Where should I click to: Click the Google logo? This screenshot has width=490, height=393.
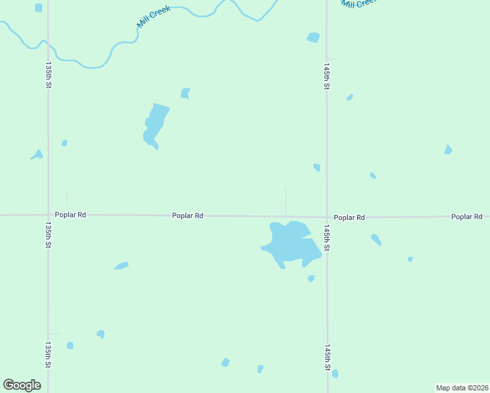click(22, 385)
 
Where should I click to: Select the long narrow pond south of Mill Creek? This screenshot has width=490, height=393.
click(155, 124)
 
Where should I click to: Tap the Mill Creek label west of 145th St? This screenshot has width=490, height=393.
click(153, 17)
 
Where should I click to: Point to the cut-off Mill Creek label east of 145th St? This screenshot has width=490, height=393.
click(357, 4)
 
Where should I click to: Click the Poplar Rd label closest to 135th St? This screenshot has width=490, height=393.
click(70, 215)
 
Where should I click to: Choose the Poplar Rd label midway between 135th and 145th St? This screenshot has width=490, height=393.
click(187, 215)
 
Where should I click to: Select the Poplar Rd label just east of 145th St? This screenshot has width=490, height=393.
click(349, 217)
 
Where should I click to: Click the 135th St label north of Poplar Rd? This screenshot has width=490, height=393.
click(48, 75)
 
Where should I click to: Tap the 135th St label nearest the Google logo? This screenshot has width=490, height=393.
click(48, 354)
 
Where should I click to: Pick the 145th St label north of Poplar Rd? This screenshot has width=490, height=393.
click(326, 77)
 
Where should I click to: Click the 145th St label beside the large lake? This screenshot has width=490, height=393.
click(326, 238)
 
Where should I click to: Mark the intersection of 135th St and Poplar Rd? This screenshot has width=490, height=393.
click(48, 215)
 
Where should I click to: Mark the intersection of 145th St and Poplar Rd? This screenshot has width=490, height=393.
click(327, 217)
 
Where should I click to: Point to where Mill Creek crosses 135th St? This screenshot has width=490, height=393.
click(48, 47)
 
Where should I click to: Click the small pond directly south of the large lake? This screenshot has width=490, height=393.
click(311, 278)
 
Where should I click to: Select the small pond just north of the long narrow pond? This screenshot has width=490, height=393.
click(185, 93)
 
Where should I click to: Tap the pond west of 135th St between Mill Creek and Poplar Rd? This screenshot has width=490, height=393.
click(37, 155)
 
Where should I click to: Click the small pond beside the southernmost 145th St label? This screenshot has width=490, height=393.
click(335, 373)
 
